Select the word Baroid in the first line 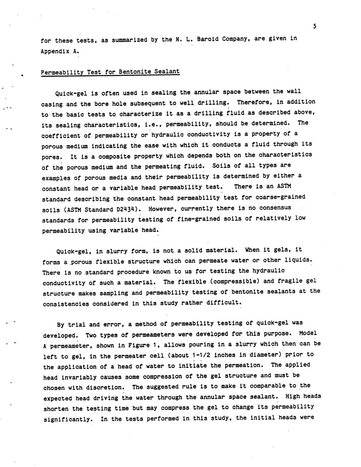207,39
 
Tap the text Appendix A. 60,51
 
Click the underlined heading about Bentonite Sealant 110,72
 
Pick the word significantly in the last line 68,419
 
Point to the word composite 112,157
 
